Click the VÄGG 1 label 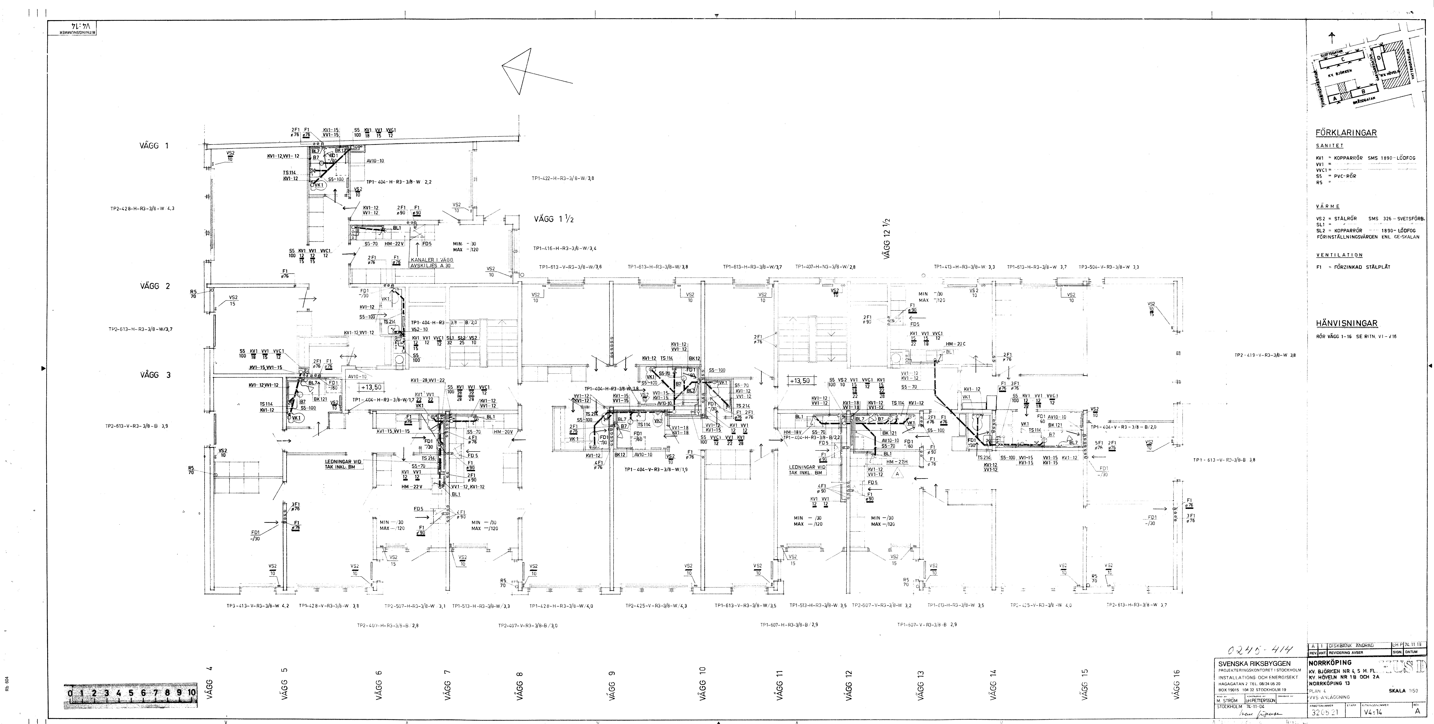154,146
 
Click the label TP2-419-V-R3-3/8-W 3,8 1265,355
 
